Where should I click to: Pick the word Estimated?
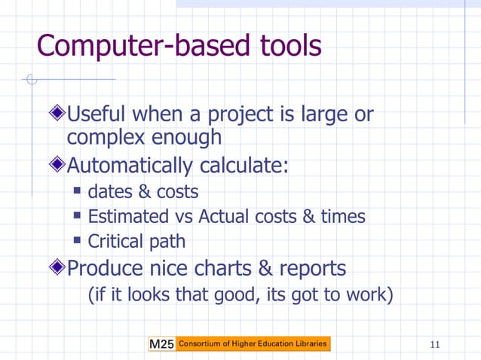pos(129,217)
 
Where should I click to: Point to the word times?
pos(343,217)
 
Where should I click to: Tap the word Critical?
pos(115,242)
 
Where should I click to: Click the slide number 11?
pos(434,345)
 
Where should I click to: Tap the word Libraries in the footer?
pos(311,344)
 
